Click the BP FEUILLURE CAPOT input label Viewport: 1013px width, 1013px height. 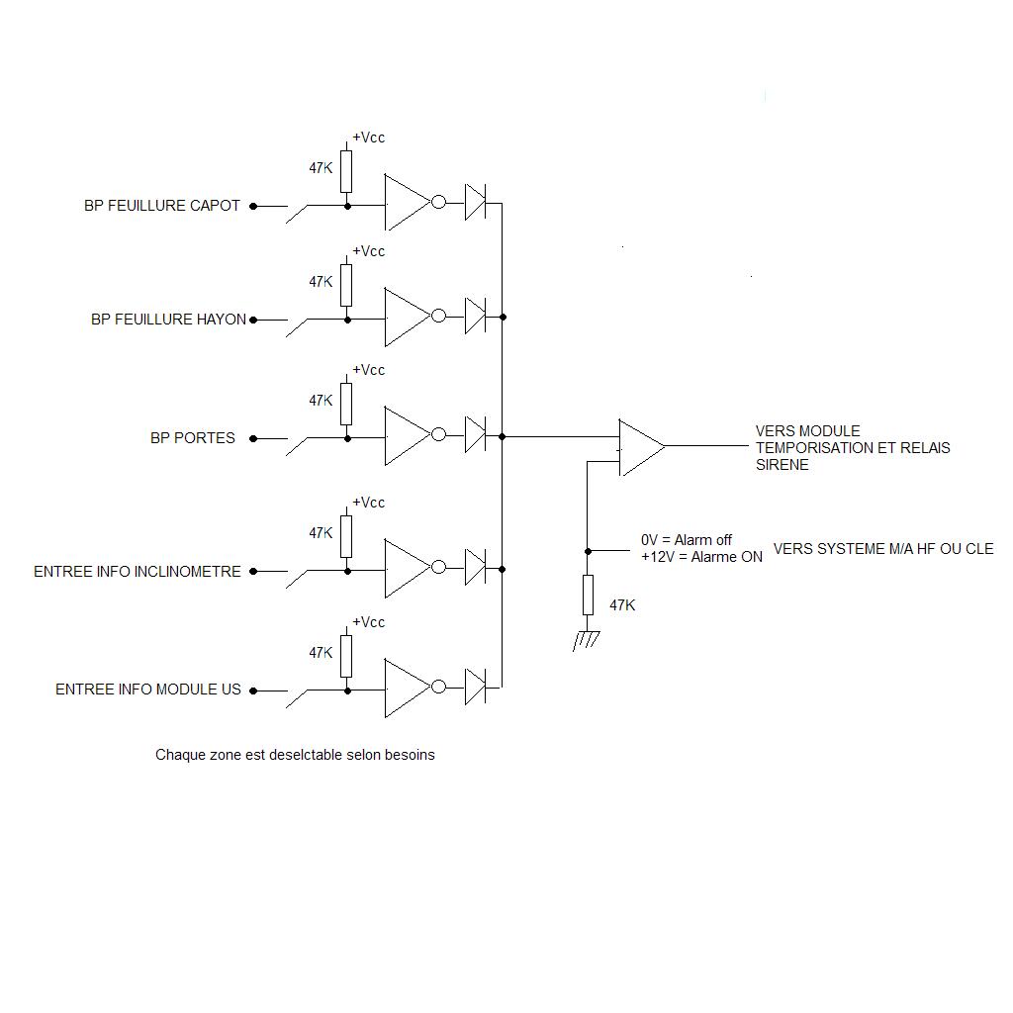pyautogui.click(x=162, y=206)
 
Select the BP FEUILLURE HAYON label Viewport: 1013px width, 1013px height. pyautogui.click(x=168, y=320)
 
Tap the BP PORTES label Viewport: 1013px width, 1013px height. pyautogui.click(x=193, y=437)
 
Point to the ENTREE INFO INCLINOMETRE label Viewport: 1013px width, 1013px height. pyautogui.click(x=138, y=572)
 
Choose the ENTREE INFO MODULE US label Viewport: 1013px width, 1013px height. pyautogui.click(x=148, y=690)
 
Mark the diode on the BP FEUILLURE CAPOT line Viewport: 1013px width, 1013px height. pyautogui.click(x=475, y=203)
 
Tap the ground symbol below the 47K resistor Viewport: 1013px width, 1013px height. pyautogui.click(x=587, y=641)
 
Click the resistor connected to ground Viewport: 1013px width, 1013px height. pyautogui.click(x=588, y=595)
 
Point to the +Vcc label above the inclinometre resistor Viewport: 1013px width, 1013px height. pyautogui.click(x=368, y=503)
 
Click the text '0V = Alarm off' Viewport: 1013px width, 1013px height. pyautogui.click(x=687, y=540)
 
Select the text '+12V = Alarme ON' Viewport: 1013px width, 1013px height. pyautogui.click(x=701, y=557)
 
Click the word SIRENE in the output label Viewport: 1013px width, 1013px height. pyautogui.click(x=782, y=465)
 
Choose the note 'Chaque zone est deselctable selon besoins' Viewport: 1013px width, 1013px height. pyautogui.click(x=295, y=755)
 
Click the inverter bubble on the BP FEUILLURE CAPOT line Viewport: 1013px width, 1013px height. pyautogui.click(x=439, y=203)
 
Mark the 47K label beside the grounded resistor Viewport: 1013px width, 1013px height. pyautogui.click(x=622, y=605)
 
